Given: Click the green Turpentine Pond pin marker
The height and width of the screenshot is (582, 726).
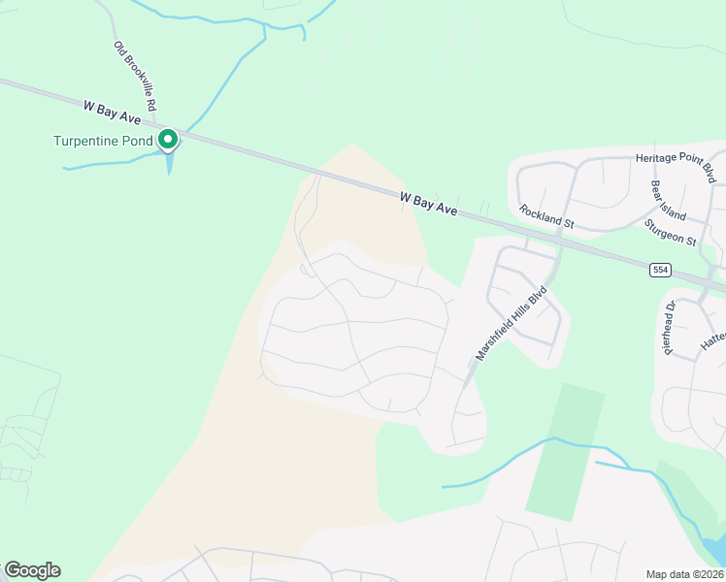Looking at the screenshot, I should [x=168, y=141].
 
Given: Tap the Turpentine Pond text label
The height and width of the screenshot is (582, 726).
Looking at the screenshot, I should [x=103, y=141].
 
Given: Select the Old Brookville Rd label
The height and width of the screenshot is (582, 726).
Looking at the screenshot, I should [x=135, y=77].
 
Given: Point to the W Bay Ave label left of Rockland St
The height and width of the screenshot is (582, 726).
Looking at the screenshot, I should [x=428, y=203].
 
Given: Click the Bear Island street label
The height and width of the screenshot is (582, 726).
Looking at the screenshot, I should [x=669, y=201].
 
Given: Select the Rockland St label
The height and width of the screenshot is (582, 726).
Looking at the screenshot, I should [x=546, y=216].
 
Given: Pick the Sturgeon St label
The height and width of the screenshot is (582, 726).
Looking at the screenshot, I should [x=671, y=232].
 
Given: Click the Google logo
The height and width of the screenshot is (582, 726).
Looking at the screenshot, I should [x=32, y=570].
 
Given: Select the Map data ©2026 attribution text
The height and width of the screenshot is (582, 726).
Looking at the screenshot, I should [x=684, y=574].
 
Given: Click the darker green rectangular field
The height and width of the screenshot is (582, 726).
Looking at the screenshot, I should [x=565, y=451].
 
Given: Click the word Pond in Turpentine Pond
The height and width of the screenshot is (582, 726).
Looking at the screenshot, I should [x=135, y=141].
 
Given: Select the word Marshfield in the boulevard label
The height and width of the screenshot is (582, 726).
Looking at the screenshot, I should [x=495, y=339].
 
